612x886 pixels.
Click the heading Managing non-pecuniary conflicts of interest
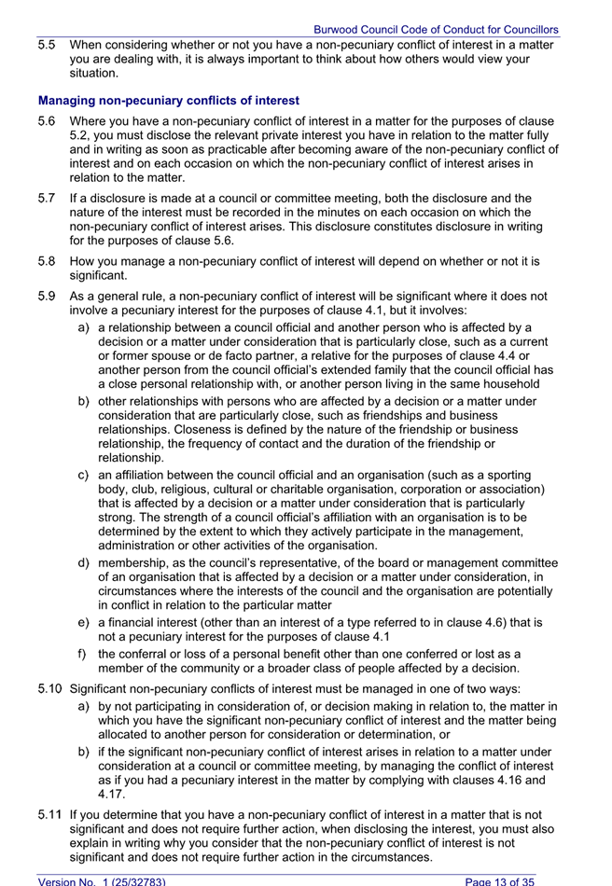(169, 100)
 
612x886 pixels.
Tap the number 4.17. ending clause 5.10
(113, 795)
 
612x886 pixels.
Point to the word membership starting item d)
(132, 562)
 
